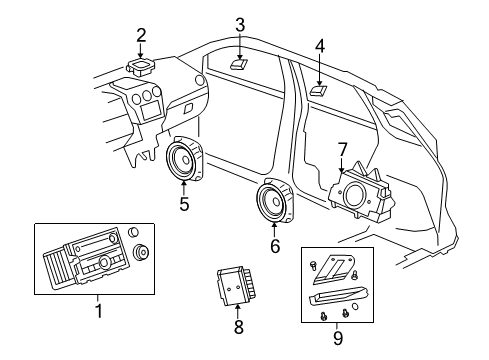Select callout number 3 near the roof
[x=240, y=24]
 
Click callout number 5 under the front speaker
[x=184, y=205]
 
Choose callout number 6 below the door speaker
[x=274, y=245]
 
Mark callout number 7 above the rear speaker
[x=342, y=149]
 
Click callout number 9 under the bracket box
[x=337, y=337]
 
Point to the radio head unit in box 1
[x=84, y=260]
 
